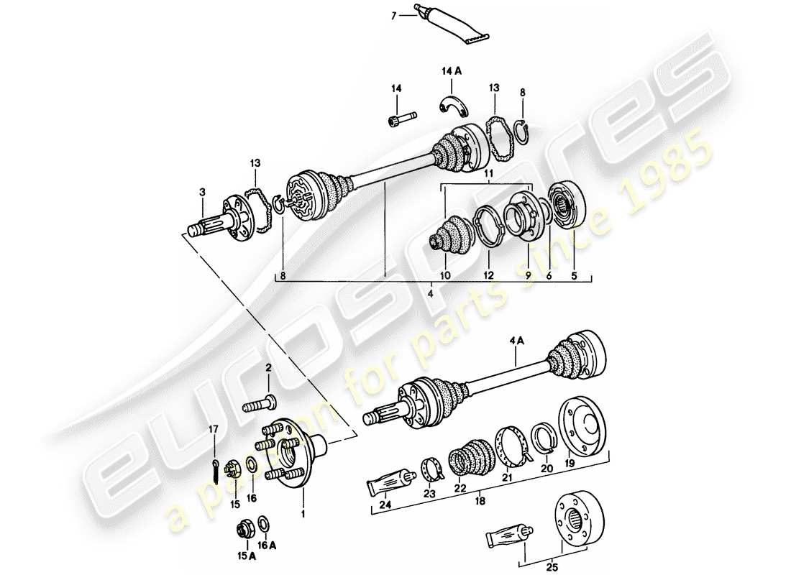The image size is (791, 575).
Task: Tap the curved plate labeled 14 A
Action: pyautogui.click(x=454, y=105)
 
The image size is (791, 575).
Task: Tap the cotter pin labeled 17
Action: pyautogui.click(x=215, y=470)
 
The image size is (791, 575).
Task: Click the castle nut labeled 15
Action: pyautogui.click(x=233, y=470)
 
